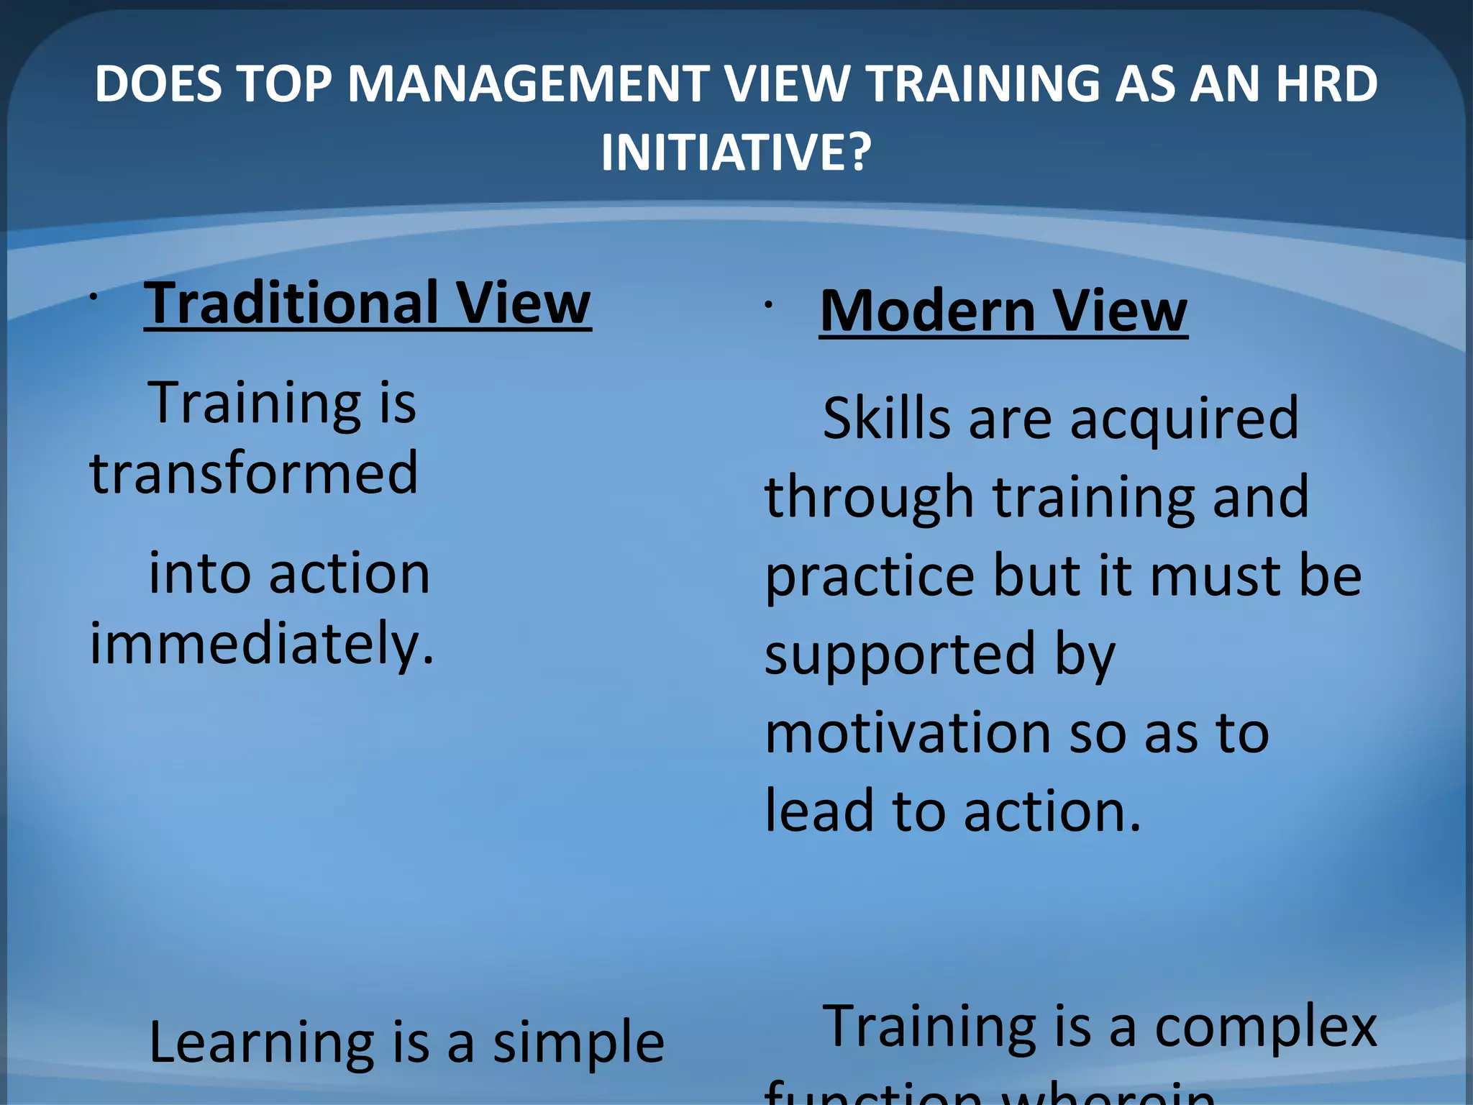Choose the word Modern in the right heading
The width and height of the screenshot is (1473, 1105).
[928, 311]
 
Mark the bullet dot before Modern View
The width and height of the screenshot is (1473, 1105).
[768, 305]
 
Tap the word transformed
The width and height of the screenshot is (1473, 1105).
[253, 473]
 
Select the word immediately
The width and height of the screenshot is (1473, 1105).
[262, 642]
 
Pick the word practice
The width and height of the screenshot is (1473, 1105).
[870, 576]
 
